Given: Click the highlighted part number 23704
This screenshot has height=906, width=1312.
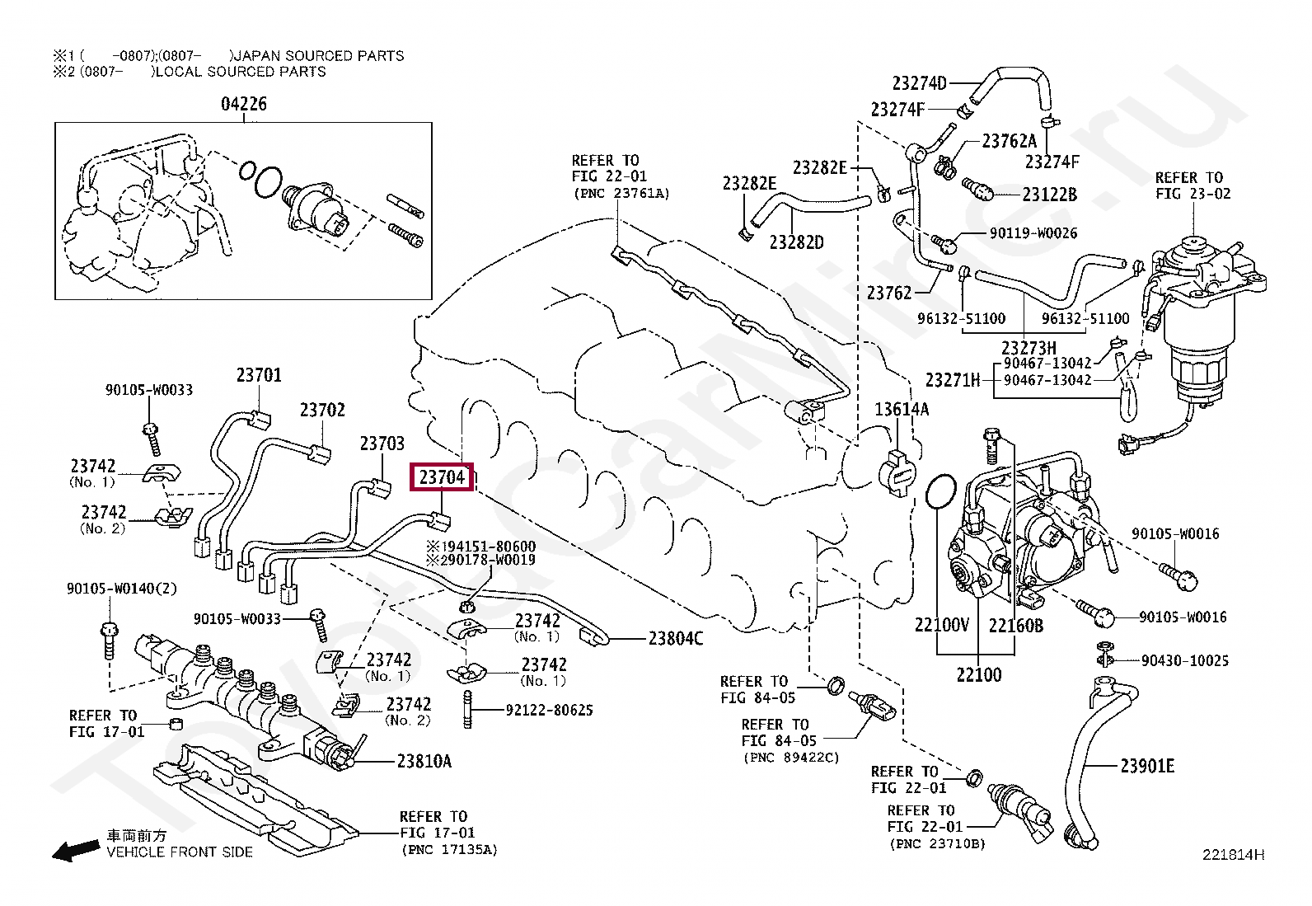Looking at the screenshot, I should [x=442, y=477].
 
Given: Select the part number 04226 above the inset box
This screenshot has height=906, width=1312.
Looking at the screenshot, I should [x=243, y=104].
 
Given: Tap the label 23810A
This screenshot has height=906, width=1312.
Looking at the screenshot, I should [x=424, y=761].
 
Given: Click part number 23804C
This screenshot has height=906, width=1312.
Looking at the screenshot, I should [x=675, y=638].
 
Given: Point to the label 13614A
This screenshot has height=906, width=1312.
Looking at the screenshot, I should [x=901, y=409].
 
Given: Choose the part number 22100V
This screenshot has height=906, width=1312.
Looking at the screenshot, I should [x=941, y=625].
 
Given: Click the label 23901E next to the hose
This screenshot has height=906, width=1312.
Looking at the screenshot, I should [x=1146, y=766].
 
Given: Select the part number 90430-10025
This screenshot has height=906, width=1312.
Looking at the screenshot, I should [x=1184, y=660].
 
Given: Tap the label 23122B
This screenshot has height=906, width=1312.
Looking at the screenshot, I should [x=1049, y=195].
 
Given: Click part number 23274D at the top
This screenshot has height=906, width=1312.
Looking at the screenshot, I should [x=919, y=82].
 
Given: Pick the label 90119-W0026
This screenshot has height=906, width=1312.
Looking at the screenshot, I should [x=1033, y=233].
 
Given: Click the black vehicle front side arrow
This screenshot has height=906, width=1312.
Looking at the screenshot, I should [x=73, y=851].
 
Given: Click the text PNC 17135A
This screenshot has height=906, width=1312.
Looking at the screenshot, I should [x=449, y=849].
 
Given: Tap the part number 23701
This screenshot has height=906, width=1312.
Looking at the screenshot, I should [x=259, y=375].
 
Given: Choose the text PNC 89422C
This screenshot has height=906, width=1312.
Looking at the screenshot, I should [x=790, y=757].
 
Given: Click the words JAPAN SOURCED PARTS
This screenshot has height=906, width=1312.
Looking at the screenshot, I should [x=319, y=56].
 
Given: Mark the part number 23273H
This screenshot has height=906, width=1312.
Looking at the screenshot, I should [x=1028, y=348].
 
